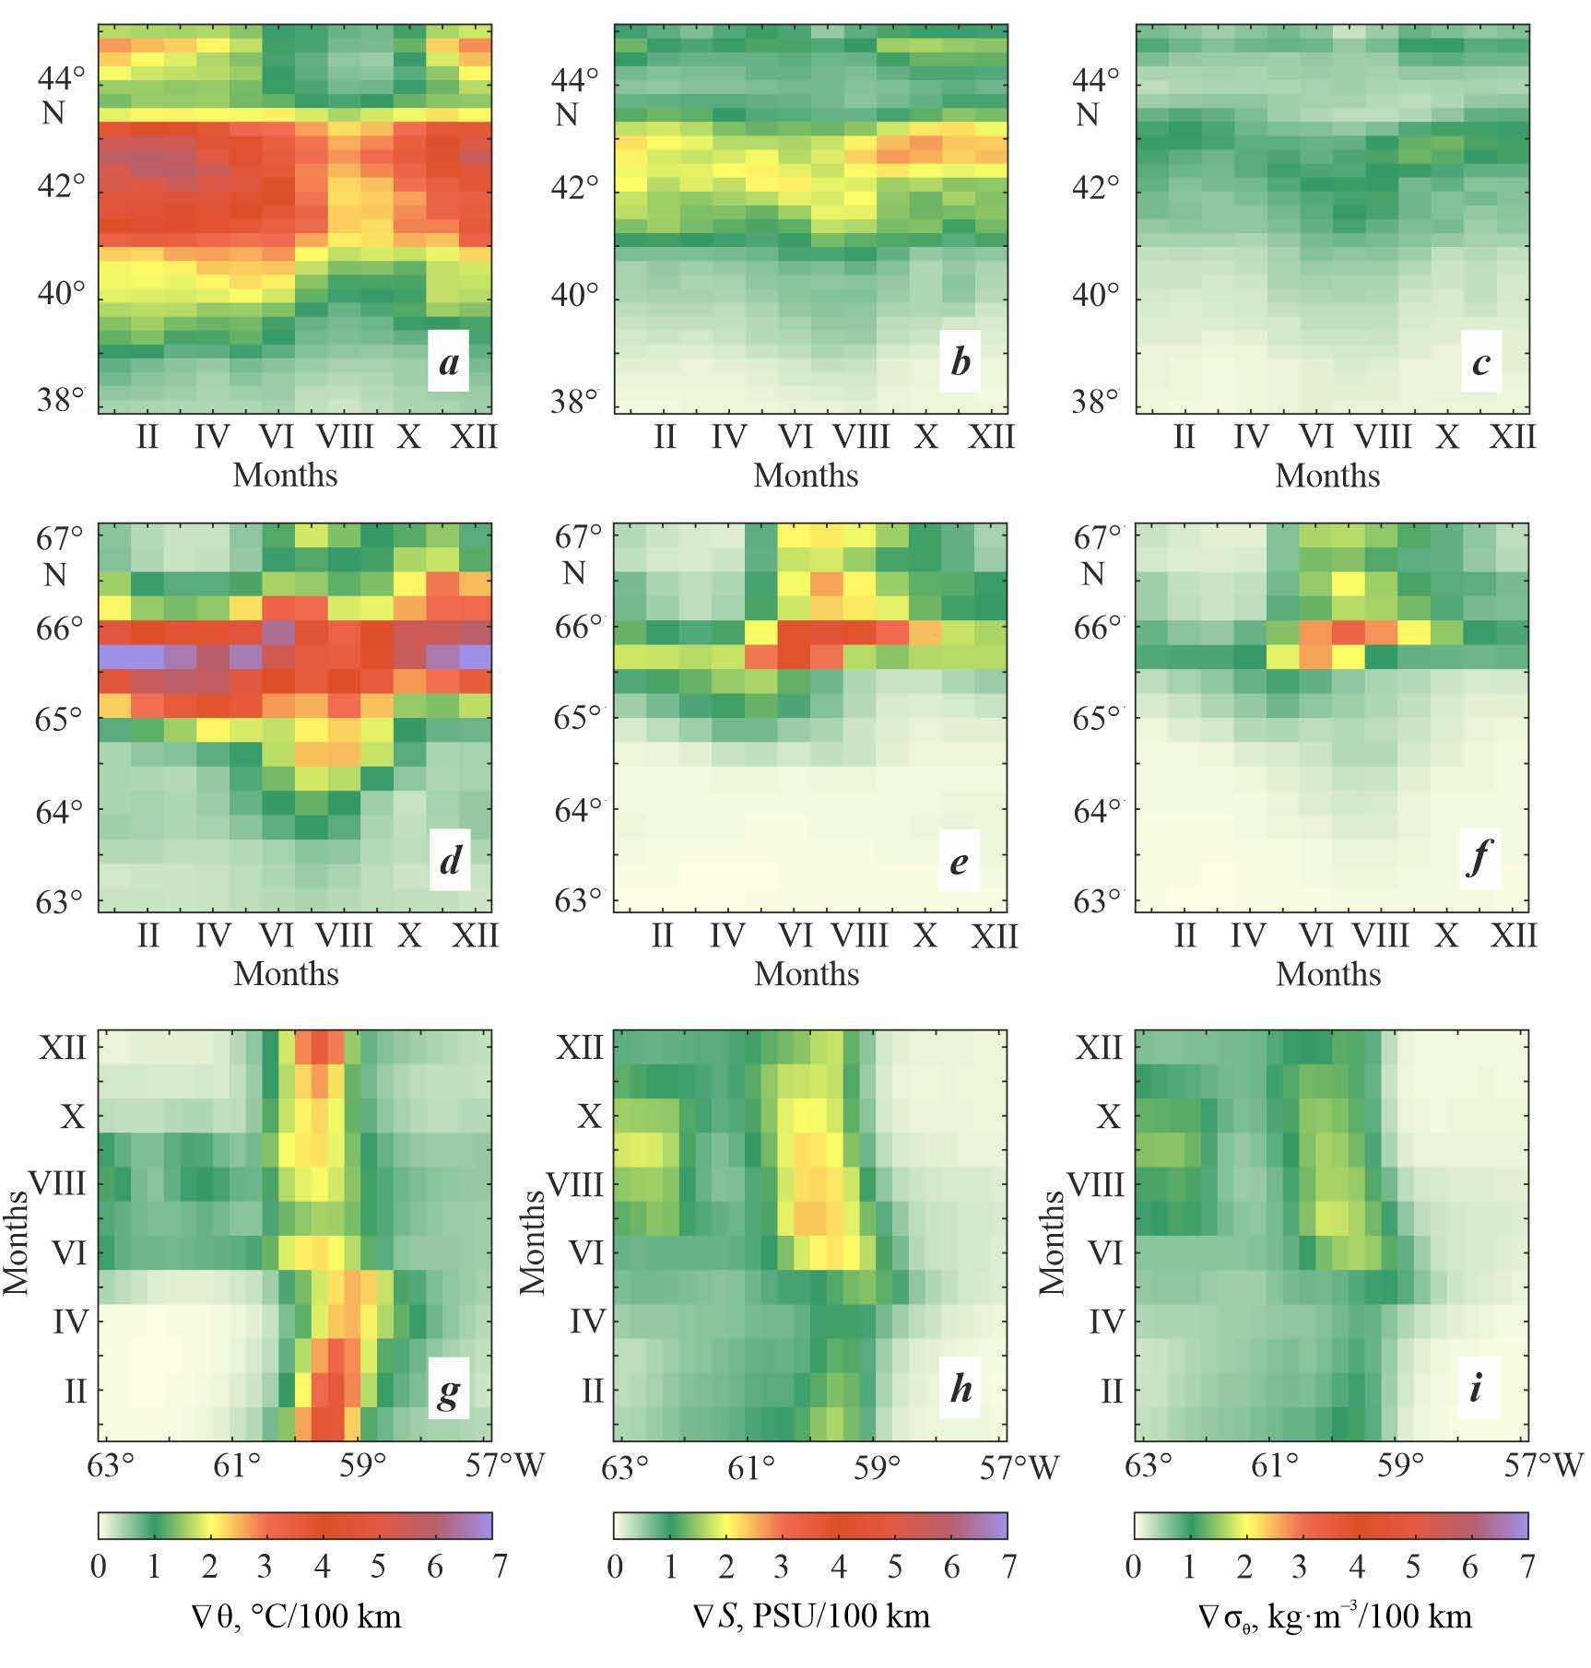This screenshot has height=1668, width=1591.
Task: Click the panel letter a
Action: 449,362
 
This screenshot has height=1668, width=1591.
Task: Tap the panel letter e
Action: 959,862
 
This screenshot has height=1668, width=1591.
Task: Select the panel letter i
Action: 1475,1387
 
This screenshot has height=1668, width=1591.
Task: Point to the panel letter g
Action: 448,1392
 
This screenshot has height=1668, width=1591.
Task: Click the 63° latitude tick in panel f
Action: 1099,899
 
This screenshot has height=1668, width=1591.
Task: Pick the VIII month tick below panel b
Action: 861,436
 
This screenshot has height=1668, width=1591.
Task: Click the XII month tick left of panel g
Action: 61,1048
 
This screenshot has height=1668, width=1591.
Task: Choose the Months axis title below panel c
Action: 1327,476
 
